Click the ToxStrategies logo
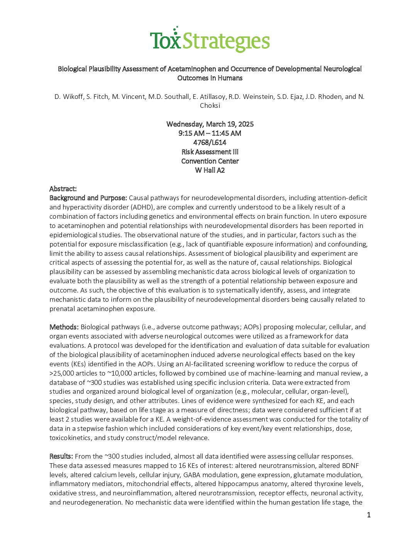click(210, 40)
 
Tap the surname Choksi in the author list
click(210, 105)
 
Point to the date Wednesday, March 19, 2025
click(210, 124)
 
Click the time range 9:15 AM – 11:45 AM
click(210, 133)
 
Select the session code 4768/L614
click(210, 143)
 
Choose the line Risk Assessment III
click(210, 152)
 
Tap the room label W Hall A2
click(210, 170)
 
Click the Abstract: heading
click(63, 189)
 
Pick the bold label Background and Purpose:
click(88, 198)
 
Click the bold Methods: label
click(64, 327)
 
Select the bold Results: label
click(61, 456)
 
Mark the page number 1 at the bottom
click(369, 515)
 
